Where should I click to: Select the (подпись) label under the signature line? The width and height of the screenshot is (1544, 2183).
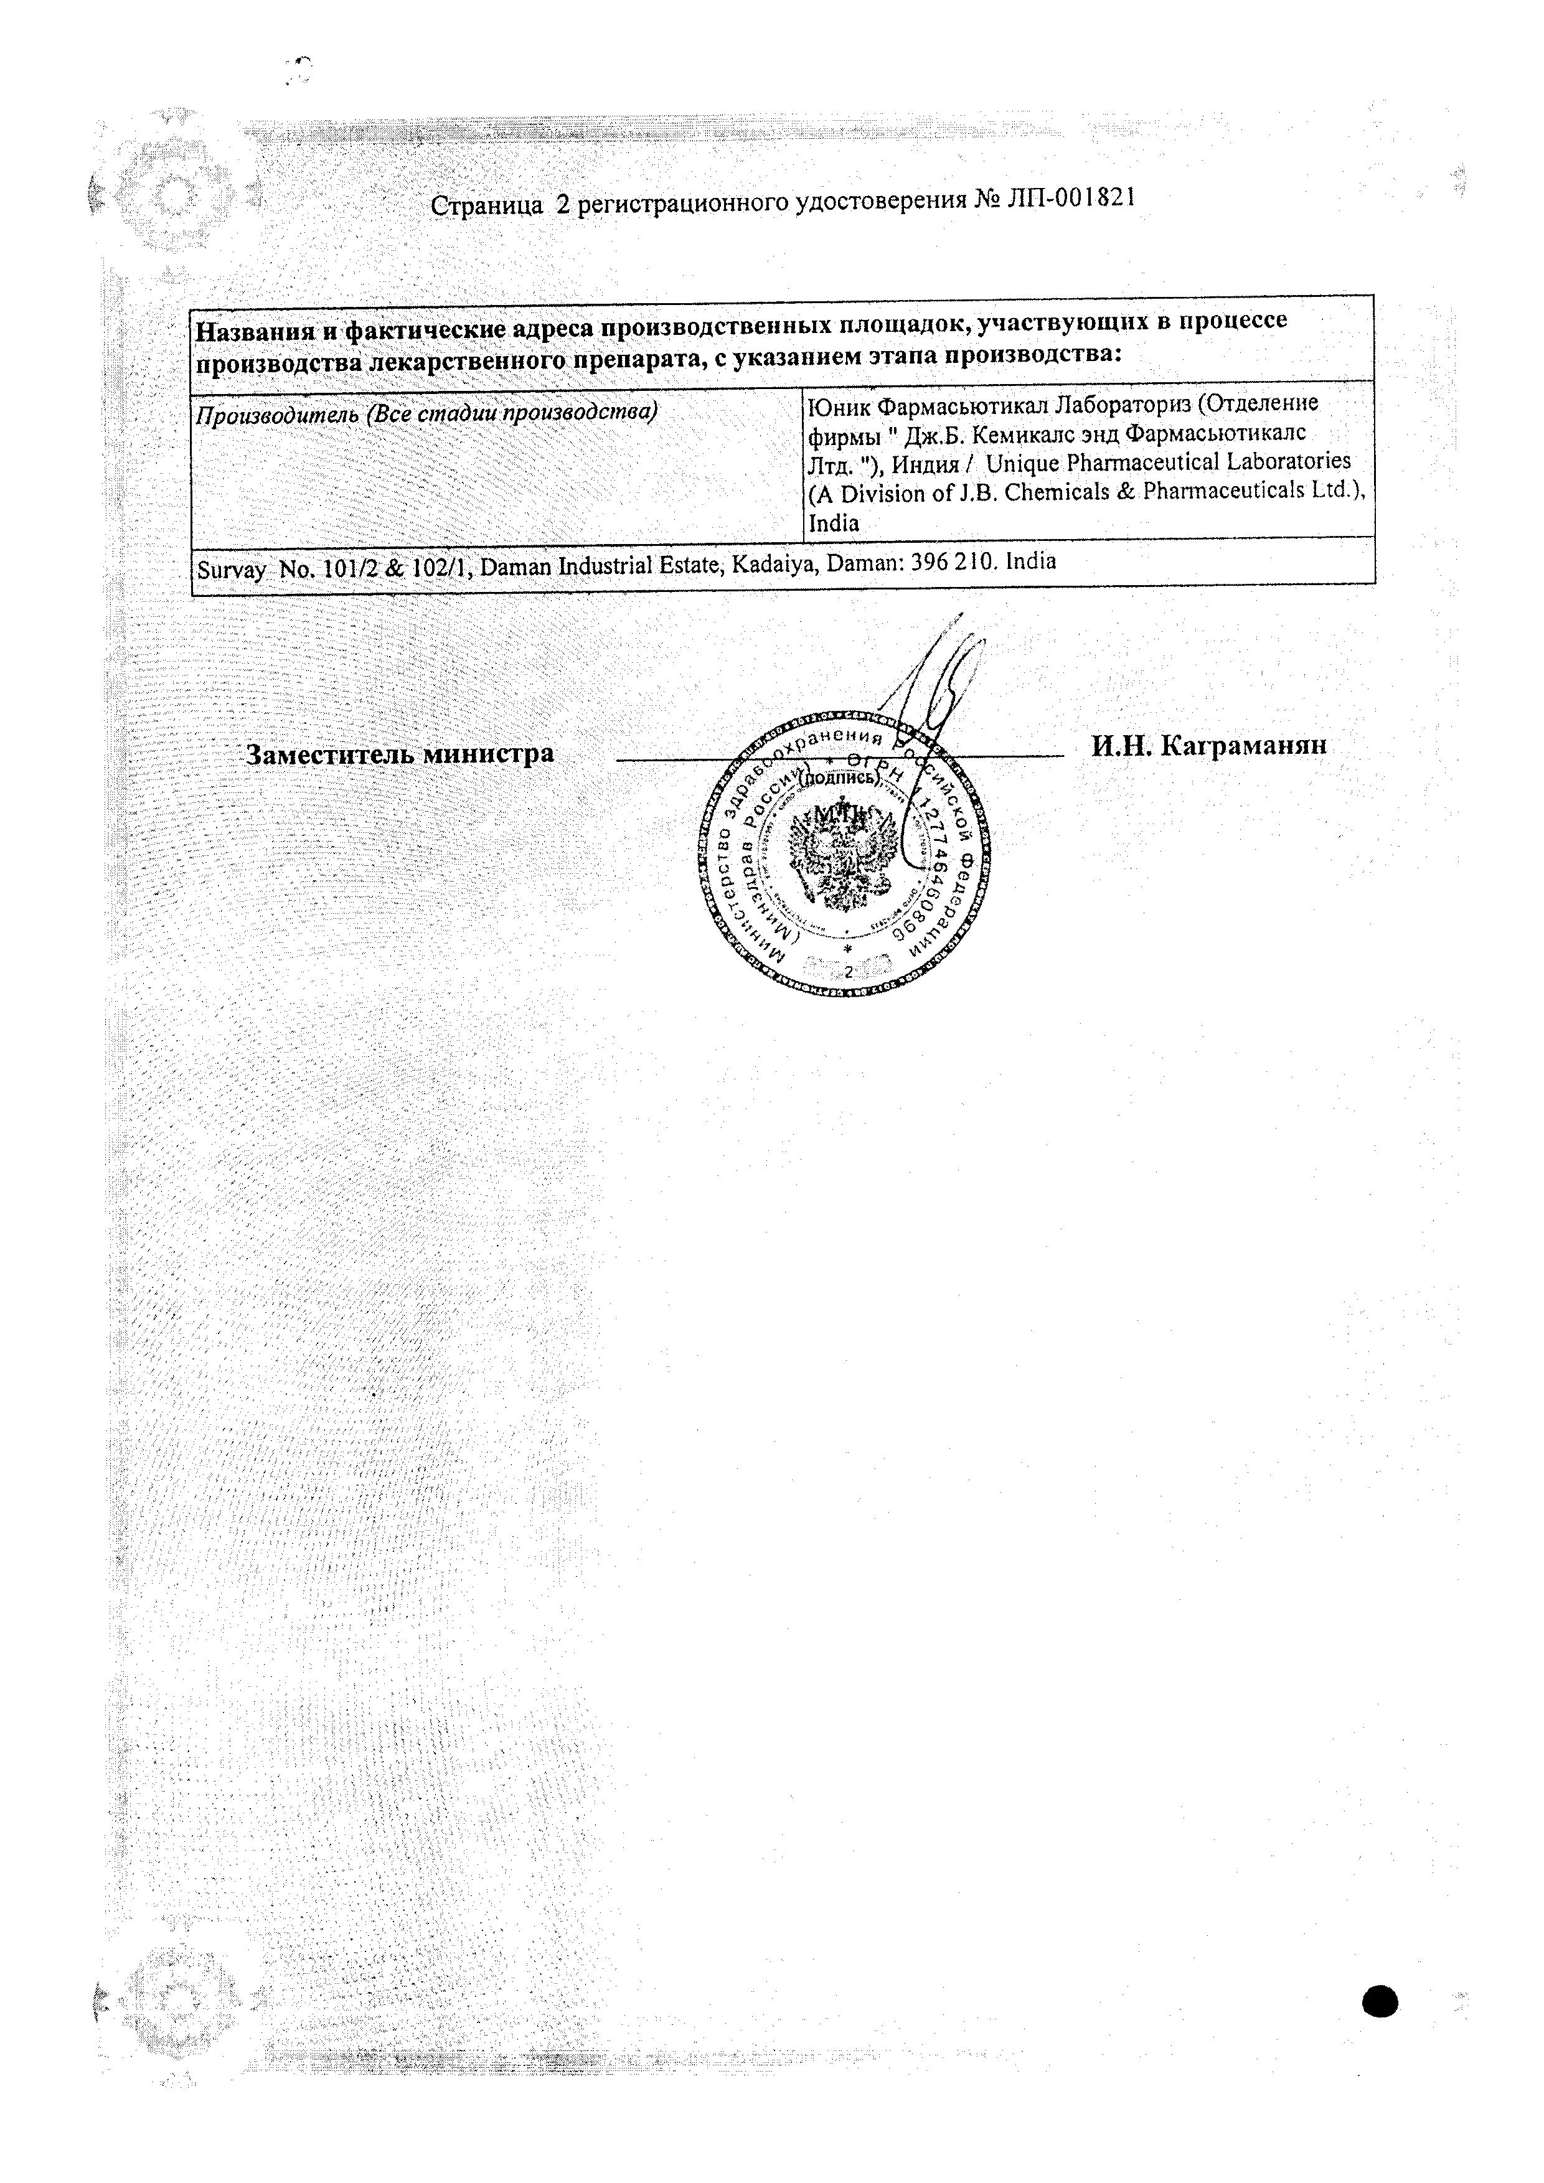click(840, 777)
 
